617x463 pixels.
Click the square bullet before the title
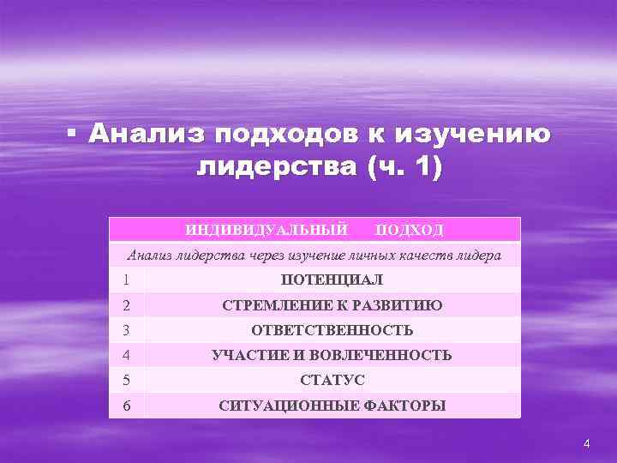[73, 135]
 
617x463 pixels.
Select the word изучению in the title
[476, 135]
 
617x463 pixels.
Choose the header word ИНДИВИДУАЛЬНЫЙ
[267, 230]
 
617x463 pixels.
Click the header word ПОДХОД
[410, 230]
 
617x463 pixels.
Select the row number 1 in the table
[125, 280]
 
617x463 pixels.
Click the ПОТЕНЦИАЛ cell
[332, 280]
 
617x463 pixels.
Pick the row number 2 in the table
[125, 304]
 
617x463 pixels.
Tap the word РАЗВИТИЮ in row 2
[401, 304]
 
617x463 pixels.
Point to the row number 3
[125, 329]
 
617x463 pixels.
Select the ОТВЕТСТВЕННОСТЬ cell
[332, 330]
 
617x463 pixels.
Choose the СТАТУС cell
[332, 380]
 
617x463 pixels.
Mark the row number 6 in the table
[125, 405]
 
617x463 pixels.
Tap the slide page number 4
[586, 443]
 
